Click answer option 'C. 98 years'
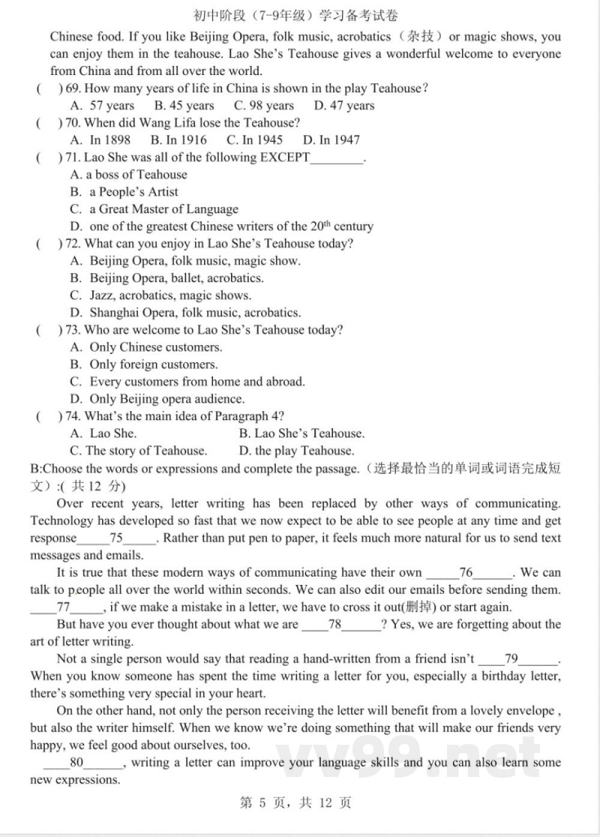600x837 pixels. [x=264, y=106]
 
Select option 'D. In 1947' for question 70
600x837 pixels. [x=331, y=140]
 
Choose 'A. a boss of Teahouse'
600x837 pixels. [x=128, y=175]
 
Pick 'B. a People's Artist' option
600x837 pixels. [x=124, y=192]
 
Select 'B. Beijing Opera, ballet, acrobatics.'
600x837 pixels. [x=166, y=278]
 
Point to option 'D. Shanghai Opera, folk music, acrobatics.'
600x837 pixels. [x=185, y=313]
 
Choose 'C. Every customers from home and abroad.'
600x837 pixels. [x=187, y=382]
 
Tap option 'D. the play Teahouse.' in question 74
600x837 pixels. [x=296, y=451]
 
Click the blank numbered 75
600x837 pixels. [x=116, y=538]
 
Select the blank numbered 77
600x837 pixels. [x=64, y=607]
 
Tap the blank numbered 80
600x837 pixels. [x=76, y=763]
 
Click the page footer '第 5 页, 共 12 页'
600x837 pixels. [x=295, y=803]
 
